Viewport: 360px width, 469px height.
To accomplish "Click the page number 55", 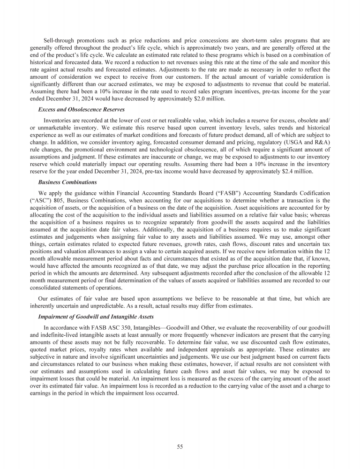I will point(180,447).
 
